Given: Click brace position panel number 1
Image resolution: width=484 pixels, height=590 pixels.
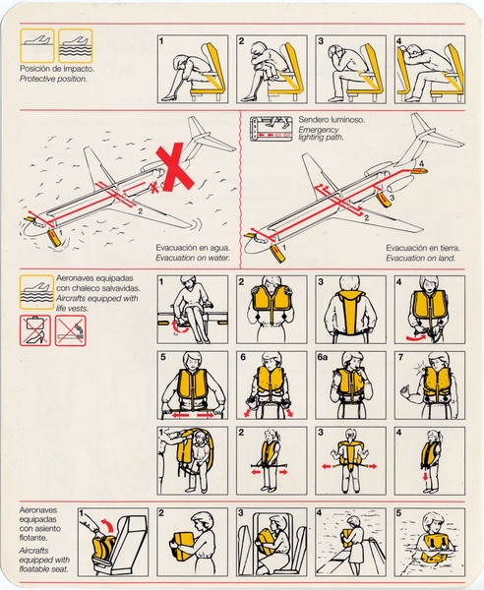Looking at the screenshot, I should click(191, 69).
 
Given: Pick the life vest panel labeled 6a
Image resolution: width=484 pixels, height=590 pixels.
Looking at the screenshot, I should click(350, 384).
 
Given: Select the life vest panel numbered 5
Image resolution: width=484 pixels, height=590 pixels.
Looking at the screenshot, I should click(191, 384).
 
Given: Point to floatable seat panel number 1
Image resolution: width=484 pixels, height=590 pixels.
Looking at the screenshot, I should click(111, 541).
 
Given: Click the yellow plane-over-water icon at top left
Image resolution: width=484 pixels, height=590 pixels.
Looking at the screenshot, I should click(76, 46).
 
